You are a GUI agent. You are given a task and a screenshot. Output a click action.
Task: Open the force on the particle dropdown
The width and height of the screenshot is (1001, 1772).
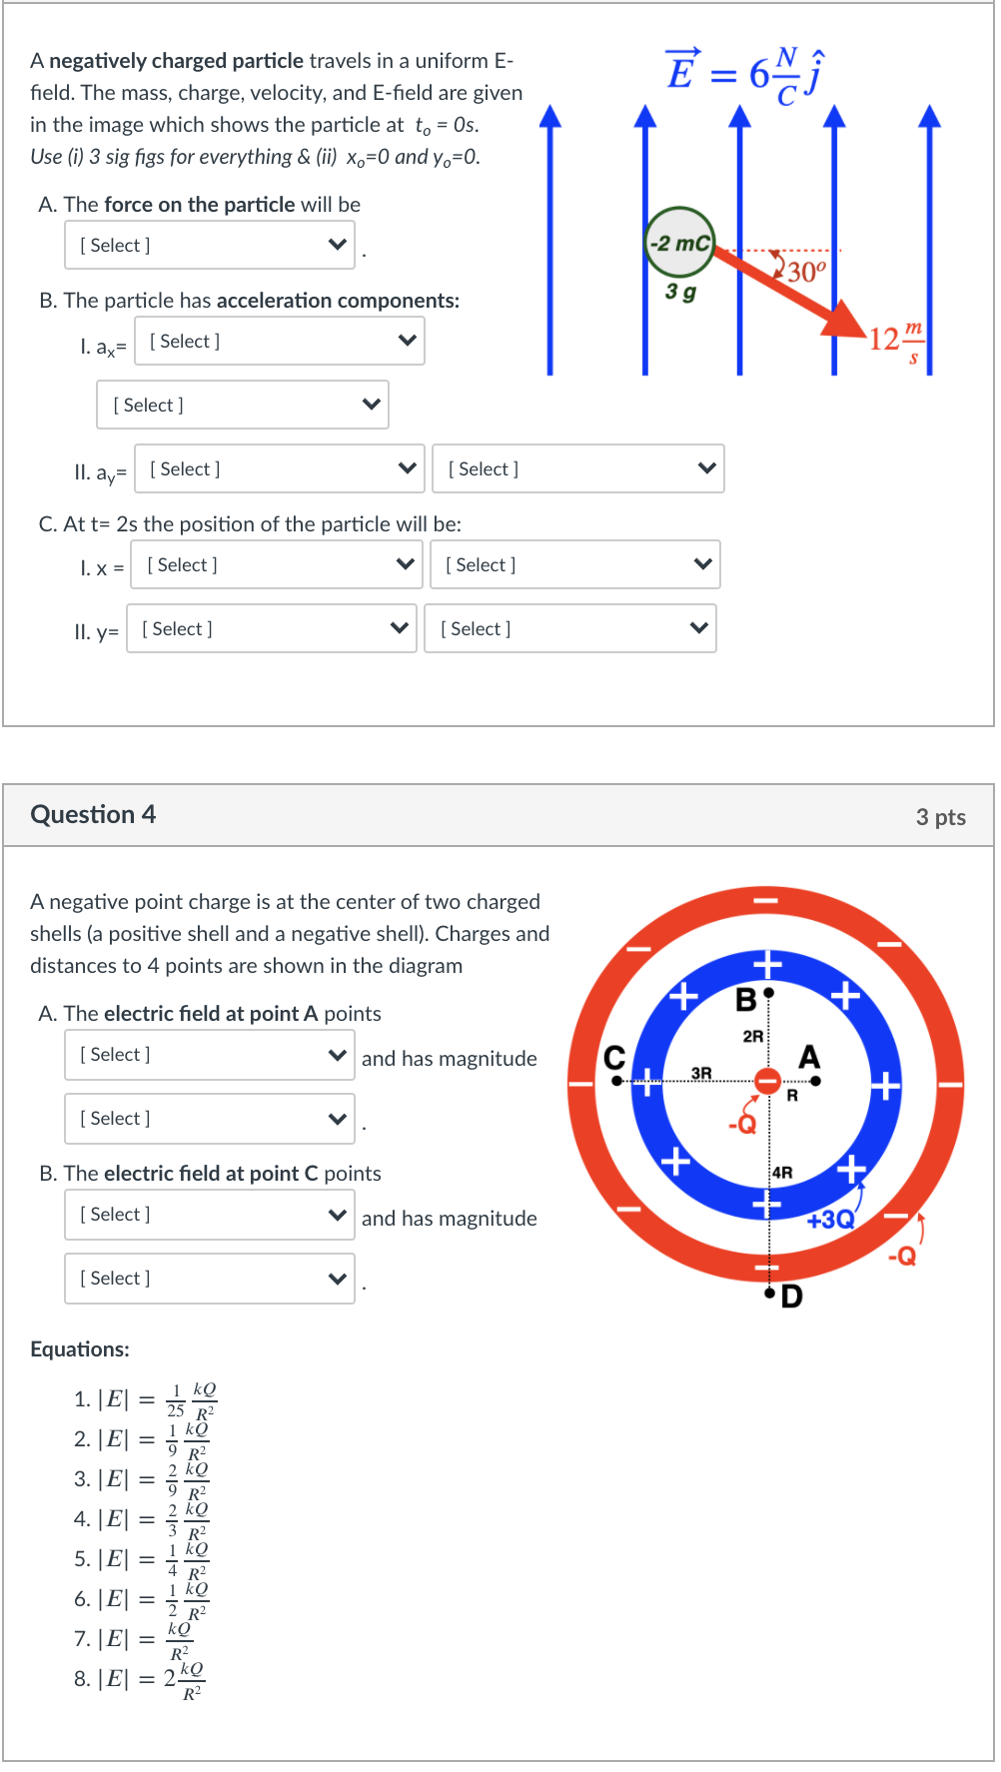210,245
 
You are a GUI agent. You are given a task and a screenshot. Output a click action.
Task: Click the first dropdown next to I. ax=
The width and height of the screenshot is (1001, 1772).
280,341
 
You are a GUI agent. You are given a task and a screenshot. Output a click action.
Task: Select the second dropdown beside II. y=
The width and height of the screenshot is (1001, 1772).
570,628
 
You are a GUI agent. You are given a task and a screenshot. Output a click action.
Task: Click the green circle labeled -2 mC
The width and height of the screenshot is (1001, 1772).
680,243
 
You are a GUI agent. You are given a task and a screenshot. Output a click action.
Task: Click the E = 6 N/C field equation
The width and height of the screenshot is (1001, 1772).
745,73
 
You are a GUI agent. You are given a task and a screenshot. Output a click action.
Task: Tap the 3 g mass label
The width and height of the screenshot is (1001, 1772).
680,292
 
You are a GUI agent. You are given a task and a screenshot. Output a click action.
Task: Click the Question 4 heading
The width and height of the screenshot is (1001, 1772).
93,814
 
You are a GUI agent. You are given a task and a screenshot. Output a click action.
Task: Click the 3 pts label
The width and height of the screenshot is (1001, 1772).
940,817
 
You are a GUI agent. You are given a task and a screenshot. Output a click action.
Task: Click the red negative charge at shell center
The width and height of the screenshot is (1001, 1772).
767,1081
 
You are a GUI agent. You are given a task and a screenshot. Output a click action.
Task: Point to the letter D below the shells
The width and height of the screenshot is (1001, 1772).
791,1297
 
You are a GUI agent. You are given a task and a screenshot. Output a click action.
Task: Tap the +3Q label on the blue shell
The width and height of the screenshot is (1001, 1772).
830,1220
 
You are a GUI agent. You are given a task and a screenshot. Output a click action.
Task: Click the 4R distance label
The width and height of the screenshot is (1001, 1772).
782,1173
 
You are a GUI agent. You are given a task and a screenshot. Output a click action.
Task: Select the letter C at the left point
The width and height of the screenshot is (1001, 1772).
614,1058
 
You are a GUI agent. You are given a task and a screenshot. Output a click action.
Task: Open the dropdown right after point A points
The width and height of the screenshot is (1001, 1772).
210,1055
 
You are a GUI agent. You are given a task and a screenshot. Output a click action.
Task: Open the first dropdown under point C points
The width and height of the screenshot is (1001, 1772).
210,1215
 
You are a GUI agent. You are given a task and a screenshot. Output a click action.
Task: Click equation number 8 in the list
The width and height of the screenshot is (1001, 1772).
140,1679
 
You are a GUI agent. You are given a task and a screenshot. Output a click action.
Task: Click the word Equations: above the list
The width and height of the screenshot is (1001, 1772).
80,1349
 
